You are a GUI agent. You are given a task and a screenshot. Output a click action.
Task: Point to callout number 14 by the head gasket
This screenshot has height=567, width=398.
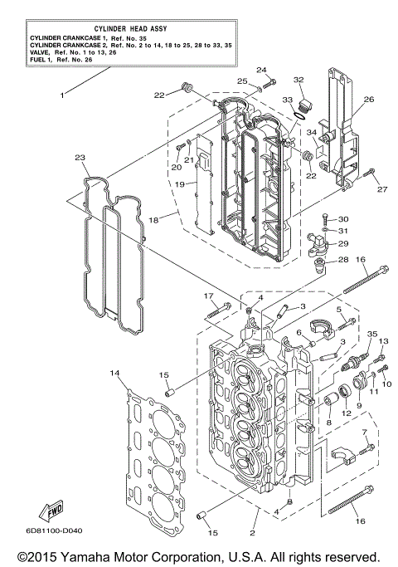114,374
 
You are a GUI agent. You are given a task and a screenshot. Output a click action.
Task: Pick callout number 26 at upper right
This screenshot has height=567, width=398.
368,100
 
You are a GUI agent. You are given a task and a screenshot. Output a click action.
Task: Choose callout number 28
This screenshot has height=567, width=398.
341,261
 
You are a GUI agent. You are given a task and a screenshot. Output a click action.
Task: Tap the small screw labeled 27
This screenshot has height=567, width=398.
371,174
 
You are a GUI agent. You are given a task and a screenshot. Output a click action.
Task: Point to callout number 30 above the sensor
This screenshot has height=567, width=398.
344,218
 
